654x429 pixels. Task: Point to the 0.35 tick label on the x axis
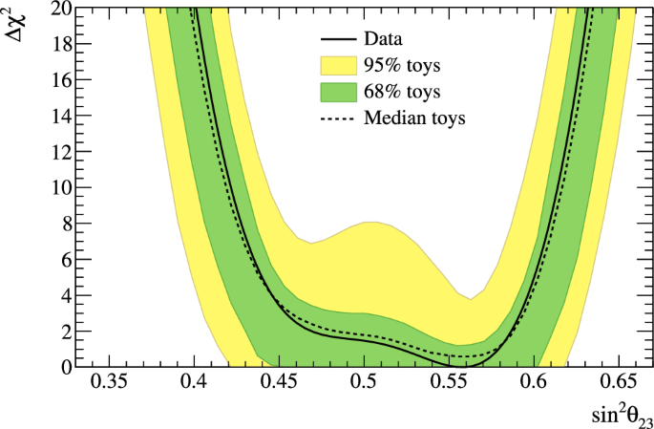111,383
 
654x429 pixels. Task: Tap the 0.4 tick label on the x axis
195,383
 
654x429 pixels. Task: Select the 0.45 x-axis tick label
280,383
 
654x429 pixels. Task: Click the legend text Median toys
414,119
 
